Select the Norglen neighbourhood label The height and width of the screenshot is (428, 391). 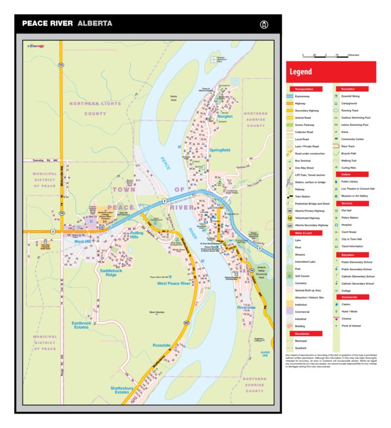(224, 116)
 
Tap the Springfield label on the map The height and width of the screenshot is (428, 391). (219, 150)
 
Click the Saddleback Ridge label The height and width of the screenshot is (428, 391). (112, 272)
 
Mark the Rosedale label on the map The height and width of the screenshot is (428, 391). (161, 345)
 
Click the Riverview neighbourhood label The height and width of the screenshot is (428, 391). (246, 308)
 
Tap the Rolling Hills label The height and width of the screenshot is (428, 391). (137, 235)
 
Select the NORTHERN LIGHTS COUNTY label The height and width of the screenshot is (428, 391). (87, 108)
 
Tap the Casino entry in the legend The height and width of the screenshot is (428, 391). (346, 303)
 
